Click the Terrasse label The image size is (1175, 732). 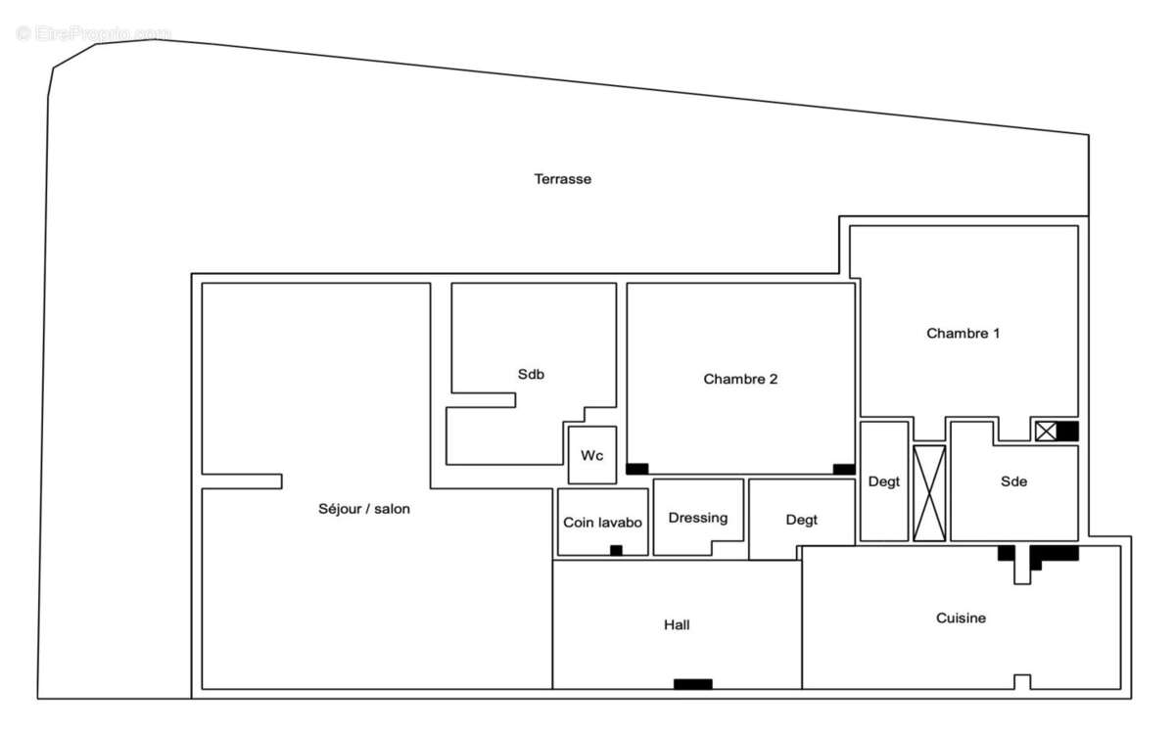(562, 179)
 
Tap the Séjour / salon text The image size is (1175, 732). (364, 509)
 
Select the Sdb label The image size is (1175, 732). (531, 374)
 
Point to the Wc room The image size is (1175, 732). (592, 455)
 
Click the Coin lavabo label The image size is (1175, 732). (602, 523)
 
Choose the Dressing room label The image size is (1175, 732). (698, 518)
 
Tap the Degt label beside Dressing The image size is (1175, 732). (801, 520)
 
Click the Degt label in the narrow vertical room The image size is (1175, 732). (883, 481)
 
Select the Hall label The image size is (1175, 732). (677, 624)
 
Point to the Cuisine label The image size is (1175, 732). (961, 618)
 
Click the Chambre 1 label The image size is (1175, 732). (963, 333)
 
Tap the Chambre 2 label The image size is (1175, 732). (740, 379)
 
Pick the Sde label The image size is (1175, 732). (1013, 481)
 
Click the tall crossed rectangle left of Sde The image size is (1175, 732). (929, 493)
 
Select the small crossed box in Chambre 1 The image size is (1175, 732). (1046, 431)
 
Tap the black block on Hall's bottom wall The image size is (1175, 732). (693, 684)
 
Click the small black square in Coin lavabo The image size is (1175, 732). (616, 550)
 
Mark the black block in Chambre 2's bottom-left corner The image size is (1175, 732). (637, 469)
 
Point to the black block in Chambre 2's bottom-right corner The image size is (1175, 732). (844, 469)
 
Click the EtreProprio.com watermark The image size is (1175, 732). (93, 33)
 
